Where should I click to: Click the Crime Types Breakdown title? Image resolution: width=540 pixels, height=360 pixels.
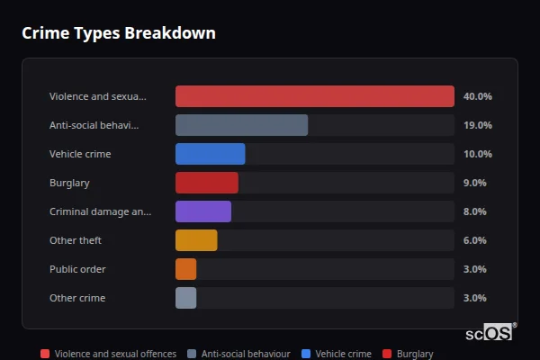point(119,33)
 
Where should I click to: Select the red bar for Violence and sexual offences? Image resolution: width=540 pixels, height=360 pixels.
point(314,96)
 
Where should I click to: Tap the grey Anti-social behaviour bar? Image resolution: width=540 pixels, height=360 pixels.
point(241,125)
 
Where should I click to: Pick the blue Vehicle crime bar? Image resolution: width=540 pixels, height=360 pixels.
point(210,154)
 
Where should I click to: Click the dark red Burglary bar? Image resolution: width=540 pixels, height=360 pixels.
point(206,183)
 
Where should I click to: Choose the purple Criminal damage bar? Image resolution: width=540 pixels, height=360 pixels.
point(202,211)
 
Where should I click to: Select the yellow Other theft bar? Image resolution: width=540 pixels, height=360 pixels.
point(196,240)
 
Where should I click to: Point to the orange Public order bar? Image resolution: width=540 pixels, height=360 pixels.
point(185,269)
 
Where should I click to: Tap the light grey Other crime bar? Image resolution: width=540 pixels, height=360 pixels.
point(185,298)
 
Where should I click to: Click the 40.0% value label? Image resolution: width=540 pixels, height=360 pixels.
point(477,96)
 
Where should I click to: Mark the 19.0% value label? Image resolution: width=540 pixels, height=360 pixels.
point(477,125)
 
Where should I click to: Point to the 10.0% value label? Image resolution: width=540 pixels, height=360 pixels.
point(477,154)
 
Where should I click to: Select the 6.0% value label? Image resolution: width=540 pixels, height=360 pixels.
point(474,240)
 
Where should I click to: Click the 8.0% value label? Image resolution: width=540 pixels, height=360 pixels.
point(474,211)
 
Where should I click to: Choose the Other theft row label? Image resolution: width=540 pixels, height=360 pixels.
point(75,240)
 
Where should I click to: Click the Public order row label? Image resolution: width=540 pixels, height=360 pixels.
point(77,269)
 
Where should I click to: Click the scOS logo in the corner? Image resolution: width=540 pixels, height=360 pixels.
point(490,332)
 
